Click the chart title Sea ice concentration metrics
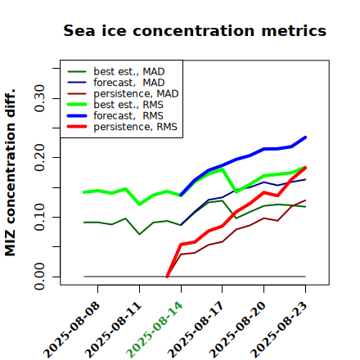click(195, 31)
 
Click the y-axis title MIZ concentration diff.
click(10, 173)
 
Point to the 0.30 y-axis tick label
click(40, 98)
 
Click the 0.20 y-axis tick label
click(40, 157)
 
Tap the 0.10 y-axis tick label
click(40, 217)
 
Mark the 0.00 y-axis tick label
click(40, 277)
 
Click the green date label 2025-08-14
click(154, 330)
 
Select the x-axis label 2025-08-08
click(71, 330)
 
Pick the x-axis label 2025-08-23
click(278, 330)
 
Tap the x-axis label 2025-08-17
click(196, 330)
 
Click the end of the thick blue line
click(305, 137)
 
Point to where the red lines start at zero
click(167, 277)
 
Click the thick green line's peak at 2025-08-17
click(223, 169)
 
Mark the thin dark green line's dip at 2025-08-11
click(140, 234)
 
